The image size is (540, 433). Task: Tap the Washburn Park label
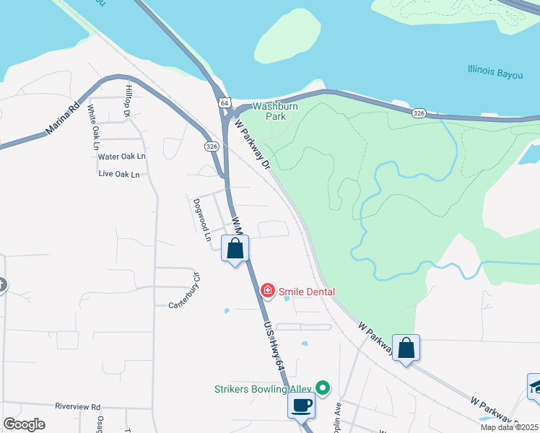(271, 110)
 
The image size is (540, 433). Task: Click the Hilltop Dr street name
(127, 100)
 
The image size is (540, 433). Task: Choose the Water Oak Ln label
(122, 156)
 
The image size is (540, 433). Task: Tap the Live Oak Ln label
(118, 174)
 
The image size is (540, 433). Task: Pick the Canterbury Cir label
(183, 292)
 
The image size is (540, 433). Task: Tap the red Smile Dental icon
(267, 291)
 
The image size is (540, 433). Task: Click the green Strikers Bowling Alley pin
(323, 388)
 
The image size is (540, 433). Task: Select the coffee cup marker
(301, 405)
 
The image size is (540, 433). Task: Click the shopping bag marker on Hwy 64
(235, 249)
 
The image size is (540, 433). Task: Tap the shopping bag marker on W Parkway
(406, 348)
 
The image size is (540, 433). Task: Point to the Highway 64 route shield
(225, 104)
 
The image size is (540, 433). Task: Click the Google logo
(25, 424)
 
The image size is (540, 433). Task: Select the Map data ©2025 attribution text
(509, 427)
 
